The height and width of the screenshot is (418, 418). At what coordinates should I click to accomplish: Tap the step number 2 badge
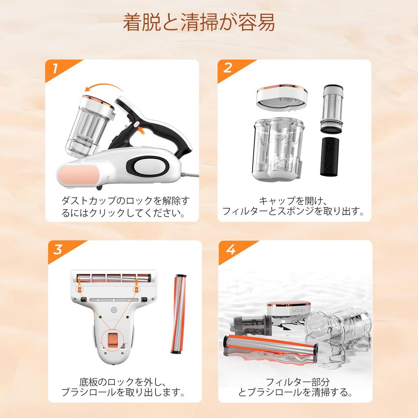pyautogui.click(x=227, y=68)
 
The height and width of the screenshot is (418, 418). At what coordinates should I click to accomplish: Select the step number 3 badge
pyautogui.click(x=58, y=249)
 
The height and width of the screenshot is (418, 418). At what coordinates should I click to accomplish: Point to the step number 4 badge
pyautogui.click(x=230, y=249)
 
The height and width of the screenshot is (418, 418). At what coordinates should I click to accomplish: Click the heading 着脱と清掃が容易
pyautogui.click(x=199, y=23)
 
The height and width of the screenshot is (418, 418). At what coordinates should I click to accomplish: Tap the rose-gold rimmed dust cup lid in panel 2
pyautogui.click(x=282, y=97)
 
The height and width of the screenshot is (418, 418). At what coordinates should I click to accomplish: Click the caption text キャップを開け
pyautogui.click(x=291, y=201)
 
